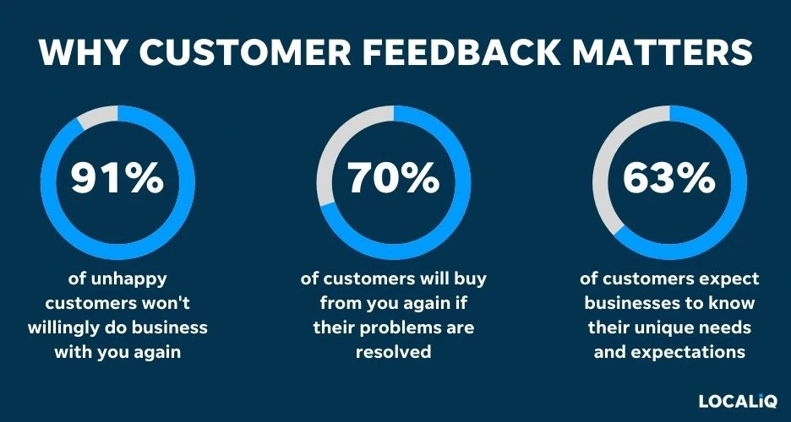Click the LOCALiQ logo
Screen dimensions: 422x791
[737, 401]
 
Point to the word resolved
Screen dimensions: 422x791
[394, 351]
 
